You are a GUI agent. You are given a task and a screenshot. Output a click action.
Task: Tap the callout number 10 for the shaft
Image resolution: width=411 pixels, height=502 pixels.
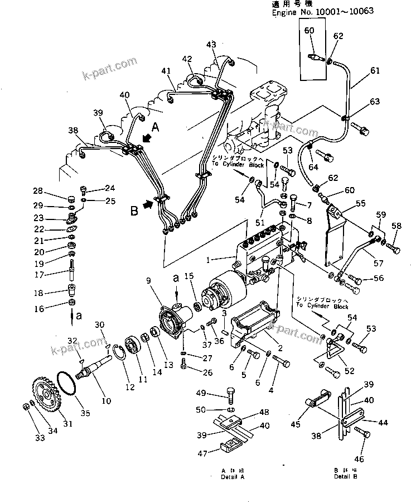[x=106, y=400]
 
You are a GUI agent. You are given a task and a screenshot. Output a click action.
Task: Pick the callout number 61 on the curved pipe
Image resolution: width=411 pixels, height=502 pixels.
[x=374, y=70]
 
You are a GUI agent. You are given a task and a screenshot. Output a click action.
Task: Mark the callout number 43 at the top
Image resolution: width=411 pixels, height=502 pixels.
[x=211, y=45]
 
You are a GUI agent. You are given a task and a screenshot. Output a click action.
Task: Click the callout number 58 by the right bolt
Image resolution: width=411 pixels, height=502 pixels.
[x=396, y=226]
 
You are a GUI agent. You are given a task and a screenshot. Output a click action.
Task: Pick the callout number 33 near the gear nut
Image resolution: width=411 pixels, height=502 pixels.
[x=40, y=438]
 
